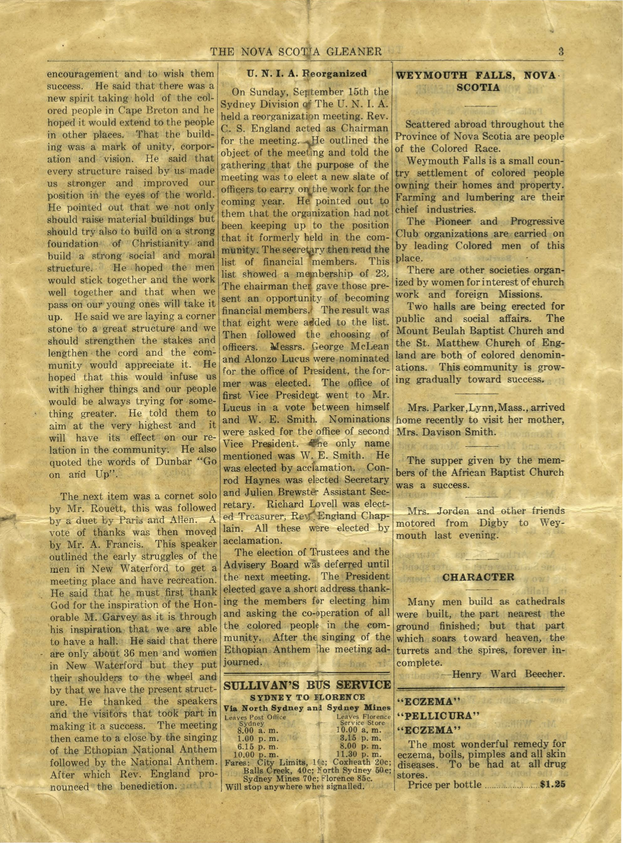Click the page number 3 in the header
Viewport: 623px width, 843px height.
pos(561,51)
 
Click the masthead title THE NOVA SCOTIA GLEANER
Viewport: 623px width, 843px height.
pos(296,52)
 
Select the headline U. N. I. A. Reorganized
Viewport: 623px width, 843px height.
pos(307,74)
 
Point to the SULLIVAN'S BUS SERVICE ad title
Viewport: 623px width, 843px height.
pos(307,685)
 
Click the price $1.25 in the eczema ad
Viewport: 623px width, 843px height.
pos(552,785)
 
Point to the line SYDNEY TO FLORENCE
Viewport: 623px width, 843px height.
pos(307,697)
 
